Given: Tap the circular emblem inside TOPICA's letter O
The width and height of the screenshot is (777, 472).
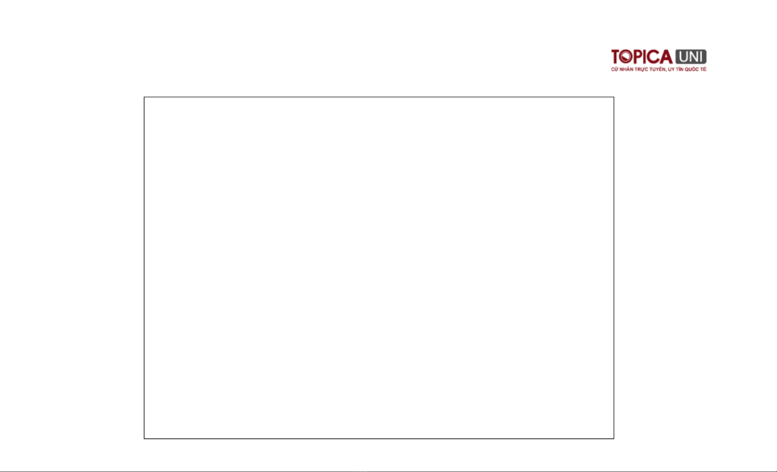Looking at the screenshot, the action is coord(626,57).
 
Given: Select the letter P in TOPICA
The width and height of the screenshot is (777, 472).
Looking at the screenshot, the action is coord(637,57).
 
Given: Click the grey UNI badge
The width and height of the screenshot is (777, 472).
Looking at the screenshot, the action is coord(690,57).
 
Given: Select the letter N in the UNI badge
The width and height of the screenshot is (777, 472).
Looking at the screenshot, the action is coord(693,57).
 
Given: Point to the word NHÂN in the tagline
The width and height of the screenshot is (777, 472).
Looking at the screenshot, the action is coord(625,69).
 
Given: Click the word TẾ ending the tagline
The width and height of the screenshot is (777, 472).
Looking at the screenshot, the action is coord(703,69).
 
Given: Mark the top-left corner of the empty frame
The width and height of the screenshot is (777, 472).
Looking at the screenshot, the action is coord(144,97).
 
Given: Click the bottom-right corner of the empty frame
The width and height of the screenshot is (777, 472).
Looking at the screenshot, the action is coord(614,438).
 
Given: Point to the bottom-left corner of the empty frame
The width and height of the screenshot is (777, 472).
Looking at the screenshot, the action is coord(144,438).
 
